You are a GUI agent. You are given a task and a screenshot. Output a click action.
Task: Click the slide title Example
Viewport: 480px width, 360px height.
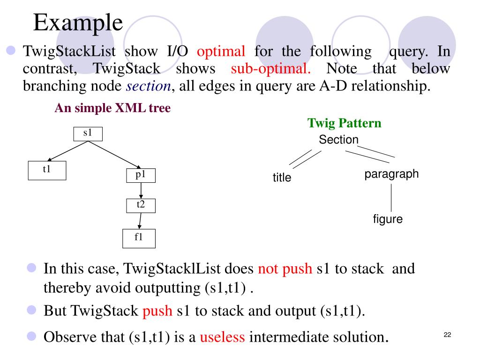point(78,22)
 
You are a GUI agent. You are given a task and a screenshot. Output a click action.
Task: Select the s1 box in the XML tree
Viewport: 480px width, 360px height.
point(88,134)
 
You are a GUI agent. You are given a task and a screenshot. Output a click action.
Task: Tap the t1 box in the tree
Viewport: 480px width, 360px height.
point(47,170)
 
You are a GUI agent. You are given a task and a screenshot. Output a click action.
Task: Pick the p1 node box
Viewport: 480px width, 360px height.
point(141,175)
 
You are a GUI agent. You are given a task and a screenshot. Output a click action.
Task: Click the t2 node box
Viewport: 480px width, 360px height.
point(141,205)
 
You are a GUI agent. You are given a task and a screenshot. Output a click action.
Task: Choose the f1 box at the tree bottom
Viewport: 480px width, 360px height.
point(139,238)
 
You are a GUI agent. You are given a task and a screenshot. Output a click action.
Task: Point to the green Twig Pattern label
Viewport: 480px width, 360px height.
point(344,123)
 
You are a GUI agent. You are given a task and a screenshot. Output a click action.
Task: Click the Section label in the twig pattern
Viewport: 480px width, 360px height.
point(338,140)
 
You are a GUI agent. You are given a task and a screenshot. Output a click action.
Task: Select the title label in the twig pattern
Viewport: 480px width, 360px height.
point(282,178)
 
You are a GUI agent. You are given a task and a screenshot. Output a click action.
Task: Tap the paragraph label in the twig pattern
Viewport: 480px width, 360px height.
point(391,174)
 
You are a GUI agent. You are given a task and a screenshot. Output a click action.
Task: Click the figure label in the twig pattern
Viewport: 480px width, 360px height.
point(388,219)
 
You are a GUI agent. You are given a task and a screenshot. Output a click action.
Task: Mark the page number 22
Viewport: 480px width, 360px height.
point(447,335)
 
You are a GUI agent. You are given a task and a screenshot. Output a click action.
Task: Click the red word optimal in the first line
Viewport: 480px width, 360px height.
point(221,51)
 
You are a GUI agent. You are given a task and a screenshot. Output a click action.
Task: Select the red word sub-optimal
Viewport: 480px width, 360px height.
point(271,69)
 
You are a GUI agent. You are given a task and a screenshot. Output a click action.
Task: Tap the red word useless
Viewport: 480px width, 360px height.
point(223,337)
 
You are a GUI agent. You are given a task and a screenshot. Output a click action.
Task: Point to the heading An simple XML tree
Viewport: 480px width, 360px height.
point(112,108)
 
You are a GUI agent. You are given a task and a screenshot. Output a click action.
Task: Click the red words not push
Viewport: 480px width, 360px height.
point(285,269)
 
